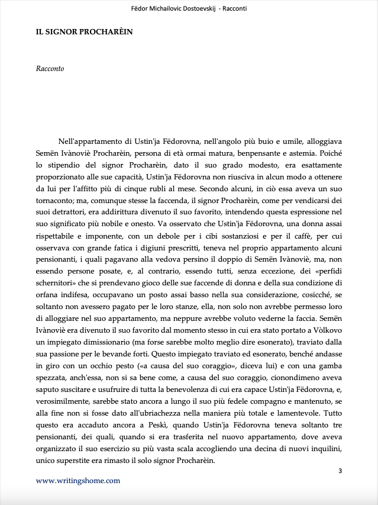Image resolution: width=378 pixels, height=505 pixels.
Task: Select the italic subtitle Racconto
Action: tap(50, 69)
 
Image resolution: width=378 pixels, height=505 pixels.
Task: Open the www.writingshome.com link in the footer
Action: tap(78, 481)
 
